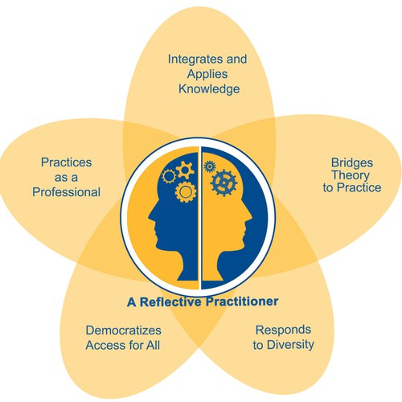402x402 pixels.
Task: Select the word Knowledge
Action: click(x=209, y=89)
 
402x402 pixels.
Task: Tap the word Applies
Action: click(x=207, y=74)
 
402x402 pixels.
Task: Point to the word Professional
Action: click(x=66, y=192)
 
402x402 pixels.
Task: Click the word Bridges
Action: click(x=352, y=163)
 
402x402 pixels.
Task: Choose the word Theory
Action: click(x=351, y=175)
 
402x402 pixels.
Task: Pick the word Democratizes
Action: click(x=123, y=330)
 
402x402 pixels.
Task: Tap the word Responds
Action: click(x=283, y=330)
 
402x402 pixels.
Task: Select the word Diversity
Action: click(x=291, y=345)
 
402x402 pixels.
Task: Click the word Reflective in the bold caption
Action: click(x=170, y=301)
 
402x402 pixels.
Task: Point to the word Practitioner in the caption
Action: click(x=242, y=301)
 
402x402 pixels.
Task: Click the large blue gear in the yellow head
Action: click(x=224, y=183)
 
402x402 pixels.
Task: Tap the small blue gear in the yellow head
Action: click(x=210, y=166)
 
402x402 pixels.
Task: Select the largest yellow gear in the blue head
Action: click(x=185, y=192)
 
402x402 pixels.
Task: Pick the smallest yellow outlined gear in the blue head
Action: click(x=169, y=176)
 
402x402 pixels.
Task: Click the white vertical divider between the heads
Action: click(x=200, y=218)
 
